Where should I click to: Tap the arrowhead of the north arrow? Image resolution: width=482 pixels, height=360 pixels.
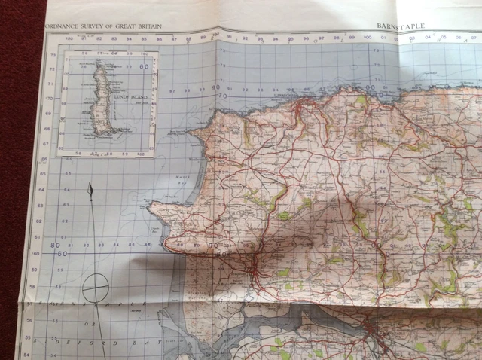pos(90,189)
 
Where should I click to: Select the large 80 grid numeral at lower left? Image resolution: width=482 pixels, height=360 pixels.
pos(55,246)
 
